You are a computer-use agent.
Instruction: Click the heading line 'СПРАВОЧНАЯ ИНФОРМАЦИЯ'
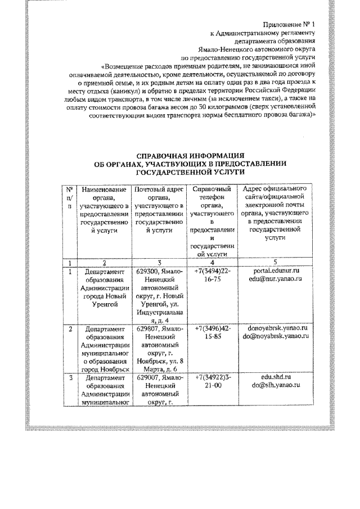(191, 155)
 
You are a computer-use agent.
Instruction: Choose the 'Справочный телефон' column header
(212, 195)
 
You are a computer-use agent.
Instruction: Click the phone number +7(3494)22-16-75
(212, 275)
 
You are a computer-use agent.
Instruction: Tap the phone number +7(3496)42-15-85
(212, 331)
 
